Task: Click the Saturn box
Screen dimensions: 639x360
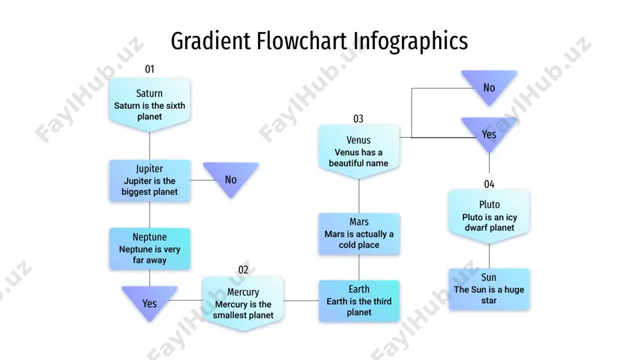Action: click(150, 104)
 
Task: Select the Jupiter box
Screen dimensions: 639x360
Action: click(150, 180)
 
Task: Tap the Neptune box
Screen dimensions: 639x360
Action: click(150, 249)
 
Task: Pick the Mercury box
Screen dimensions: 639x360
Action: click(243, 303)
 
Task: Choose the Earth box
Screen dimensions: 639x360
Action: click(359, 301)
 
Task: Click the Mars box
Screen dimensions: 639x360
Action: click(359, 233)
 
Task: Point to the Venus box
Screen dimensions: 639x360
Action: click(358, 152)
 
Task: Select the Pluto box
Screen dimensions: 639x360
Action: click(489, 216)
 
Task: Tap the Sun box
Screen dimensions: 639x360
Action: click(489, 289)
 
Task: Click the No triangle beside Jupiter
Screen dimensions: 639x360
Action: click(231, 177)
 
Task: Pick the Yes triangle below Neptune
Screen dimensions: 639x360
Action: click(150, 301)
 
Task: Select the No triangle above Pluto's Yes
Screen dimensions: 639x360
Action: click(489, 85)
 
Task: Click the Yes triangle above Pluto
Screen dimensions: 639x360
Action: click(489, 132)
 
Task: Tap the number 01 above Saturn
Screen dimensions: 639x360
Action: click(150, 69)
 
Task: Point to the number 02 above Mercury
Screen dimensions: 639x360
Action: click(243, 270)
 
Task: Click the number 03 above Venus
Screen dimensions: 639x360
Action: click(358, 119)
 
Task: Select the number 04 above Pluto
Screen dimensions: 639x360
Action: click(489, 184)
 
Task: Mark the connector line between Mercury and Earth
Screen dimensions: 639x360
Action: click(301, 301)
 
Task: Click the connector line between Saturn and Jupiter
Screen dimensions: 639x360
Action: click(150, 146)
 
